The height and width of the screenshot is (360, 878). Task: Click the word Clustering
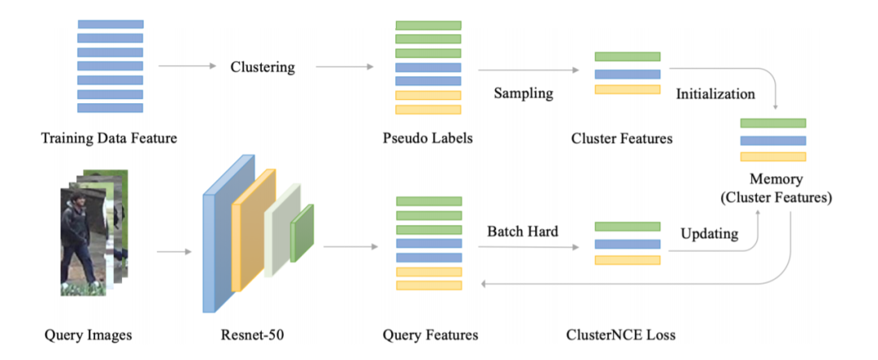tap(263, 67)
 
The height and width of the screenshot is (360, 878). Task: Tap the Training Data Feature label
tap(109, 137)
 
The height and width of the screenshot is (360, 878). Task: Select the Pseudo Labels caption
tap(428, 137)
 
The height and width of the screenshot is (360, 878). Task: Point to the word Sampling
tap(523, 93)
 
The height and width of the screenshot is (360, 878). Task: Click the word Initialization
tap(715, 93)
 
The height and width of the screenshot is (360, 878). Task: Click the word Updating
tap(710, 233)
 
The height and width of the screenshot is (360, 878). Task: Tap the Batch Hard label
tap(523, 231)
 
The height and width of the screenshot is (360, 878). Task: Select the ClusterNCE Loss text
tap(621, 336)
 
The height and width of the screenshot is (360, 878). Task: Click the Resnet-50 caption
tap(244, 336)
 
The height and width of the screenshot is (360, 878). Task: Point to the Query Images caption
tap(88, 336)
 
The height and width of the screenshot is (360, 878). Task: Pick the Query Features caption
tap(430, 336)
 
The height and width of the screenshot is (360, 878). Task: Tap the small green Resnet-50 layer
tap(302, 233)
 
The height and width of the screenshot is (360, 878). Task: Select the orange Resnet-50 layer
tap(253, 229)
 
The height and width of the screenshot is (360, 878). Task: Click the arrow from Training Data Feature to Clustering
tap(187, 67)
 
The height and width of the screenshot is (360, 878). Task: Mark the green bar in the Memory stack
tap(773, 124)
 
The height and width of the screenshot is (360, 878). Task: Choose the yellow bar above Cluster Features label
tap(628, 89)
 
